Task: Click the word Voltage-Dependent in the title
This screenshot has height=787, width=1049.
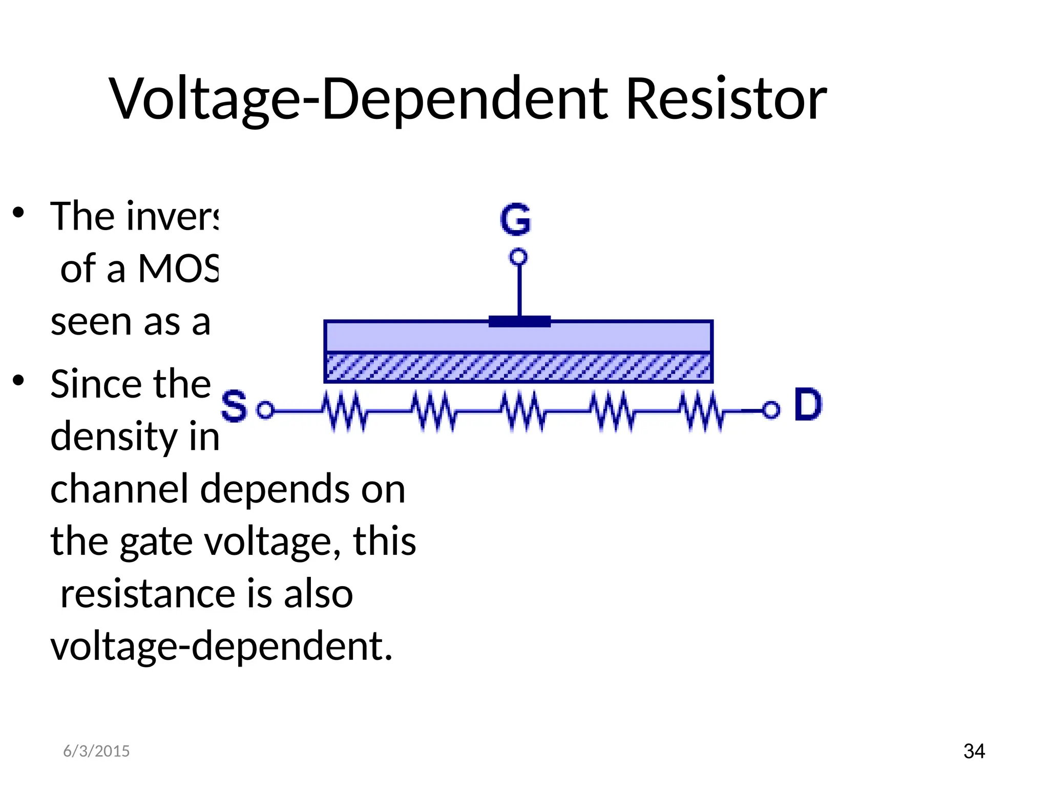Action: (x=359, y=98)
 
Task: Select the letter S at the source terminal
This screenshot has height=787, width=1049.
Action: (x=234, y=406)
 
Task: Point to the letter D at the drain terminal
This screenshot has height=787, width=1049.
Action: (x=808, y=405)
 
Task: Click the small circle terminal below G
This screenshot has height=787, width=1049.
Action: (x=518, y=257)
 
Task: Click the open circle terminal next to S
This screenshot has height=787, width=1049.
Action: (x=265, y=410)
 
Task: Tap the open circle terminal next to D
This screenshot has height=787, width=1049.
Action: (x=771, y=410)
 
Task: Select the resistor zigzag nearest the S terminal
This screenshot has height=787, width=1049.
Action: (x=344, y=411)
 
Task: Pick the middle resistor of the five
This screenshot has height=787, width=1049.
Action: (x=522, y=411)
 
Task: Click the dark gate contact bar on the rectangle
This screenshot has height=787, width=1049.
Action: (x=519, y=322)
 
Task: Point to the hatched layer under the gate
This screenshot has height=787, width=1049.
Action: (x=518, y=367)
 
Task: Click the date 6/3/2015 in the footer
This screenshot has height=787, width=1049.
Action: (x=96, y=751)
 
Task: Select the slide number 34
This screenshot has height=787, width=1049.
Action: (x=974, y=751)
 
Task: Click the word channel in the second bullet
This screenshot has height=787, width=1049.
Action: (x=119, y=489)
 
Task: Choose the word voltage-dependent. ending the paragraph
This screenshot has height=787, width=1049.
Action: (x=221, y=647)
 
